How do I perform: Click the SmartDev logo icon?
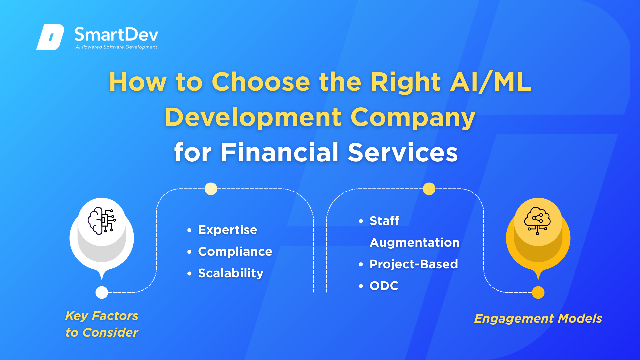tap(50, 37)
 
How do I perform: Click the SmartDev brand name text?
tap(116, 35)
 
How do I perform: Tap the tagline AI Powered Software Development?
tap(116, 47)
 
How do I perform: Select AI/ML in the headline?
tap(491, 82)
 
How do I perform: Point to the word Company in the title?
tap(413, 118)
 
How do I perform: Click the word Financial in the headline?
tap(280, 152)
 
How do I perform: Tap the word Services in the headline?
tap(403, 153)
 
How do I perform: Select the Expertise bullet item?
tap(227, 230)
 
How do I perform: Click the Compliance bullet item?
tap(235, 251)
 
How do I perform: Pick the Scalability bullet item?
tap(231, 273)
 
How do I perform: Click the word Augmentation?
tap(415, 243)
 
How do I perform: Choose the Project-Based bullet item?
tap(414, 264)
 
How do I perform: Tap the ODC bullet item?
tap(384, 286)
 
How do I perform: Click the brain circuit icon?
tap(102, 221)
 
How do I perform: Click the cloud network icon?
tap(537, 221)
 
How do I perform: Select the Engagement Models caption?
tap(538, 319)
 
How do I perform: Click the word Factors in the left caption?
tap(115, 316)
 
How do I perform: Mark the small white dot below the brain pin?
tap(102, 292)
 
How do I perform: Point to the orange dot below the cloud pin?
tap(538, 292)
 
